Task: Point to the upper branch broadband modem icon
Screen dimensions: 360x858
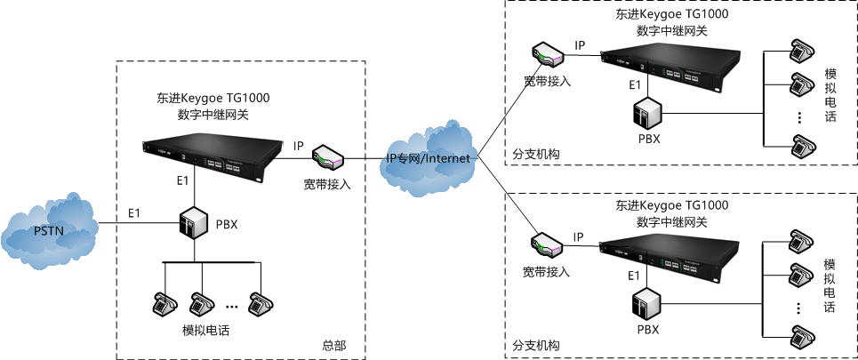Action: point(546,54)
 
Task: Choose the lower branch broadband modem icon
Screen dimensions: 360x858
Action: point(546,243)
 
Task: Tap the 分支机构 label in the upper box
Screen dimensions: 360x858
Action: point(536,154)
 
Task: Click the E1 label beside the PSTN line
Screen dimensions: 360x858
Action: point(134,213)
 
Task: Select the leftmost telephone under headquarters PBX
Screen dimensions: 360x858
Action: point(164,303)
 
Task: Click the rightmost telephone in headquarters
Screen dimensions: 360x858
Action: point(259,303)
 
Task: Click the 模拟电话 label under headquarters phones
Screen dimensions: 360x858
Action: point(205,330)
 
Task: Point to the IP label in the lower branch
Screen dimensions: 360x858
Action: point(579,236)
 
